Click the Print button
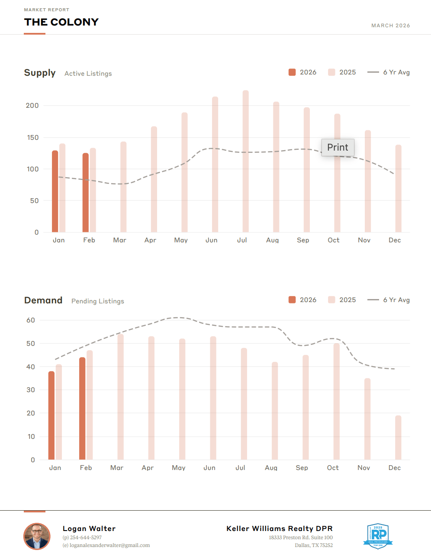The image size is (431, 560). (x=338, y=148)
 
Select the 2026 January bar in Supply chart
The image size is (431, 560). (x=55, y=191)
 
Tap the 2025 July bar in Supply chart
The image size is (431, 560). (x=246, y=161)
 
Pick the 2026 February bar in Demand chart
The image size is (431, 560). (x=82, y=408)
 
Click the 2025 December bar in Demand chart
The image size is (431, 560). (x=398, y=437)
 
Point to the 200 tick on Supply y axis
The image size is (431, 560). (x=32, y=106)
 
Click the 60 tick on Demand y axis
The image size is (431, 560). (x=31, y=320)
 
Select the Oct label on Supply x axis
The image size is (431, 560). (x=334, y=240)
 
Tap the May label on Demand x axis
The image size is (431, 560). (x=178, y=468)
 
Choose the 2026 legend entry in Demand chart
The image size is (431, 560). (x=302, y=300)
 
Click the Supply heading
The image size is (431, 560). (x=40, y=73)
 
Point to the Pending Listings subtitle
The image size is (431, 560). (x=98, y=301)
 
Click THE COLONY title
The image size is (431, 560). (x=61, y=22)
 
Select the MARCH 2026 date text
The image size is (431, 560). (x=390, y=26)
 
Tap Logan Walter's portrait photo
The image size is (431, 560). (x=37, y=536)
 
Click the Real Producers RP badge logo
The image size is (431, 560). (x=378, y=536)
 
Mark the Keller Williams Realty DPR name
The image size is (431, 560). (x=280, y=528)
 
